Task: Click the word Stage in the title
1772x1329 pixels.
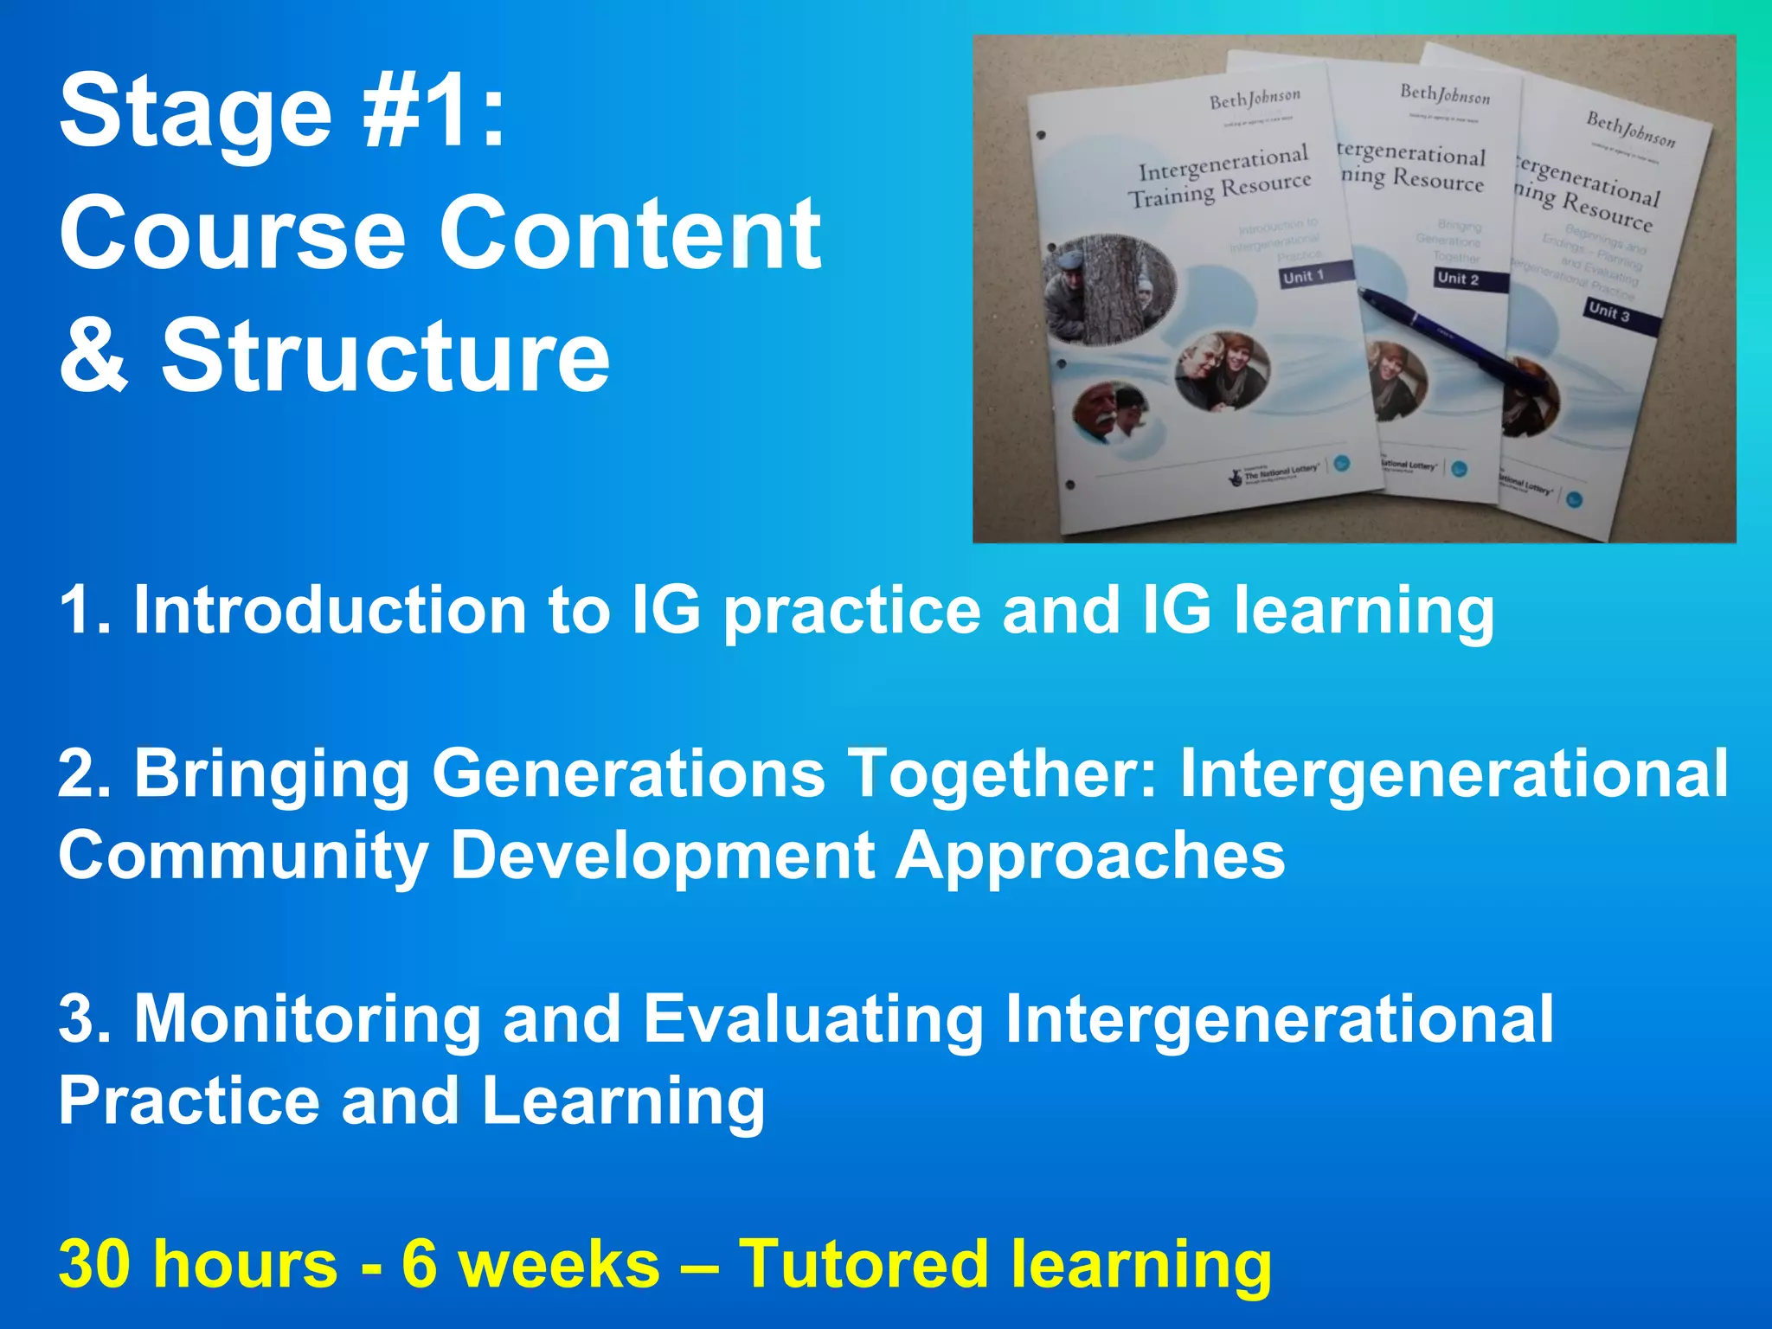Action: pos(196,112)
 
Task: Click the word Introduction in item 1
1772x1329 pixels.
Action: pos(329,610)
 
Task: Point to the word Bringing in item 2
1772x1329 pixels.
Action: pos(271,773)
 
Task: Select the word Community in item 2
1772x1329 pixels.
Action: pos(243,855)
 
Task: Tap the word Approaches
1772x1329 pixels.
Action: pos(1090,855)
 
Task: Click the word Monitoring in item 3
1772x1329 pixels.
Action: pos(307,1018)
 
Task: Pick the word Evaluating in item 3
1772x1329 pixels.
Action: pos(813,1018)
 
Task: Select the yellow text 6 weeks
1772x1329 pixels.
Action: pos(530,1264)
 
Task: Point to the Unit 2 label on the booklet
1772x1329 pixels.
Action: pos(1458,279)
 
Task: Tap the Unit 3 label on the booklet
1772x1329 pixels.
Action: pos(1608,311)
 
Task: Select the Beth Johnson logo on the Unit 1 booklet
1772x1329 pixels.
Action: pos(1255,101)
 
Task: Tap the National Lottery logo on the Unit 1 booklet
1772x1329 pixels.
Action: pos(1276,473)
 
